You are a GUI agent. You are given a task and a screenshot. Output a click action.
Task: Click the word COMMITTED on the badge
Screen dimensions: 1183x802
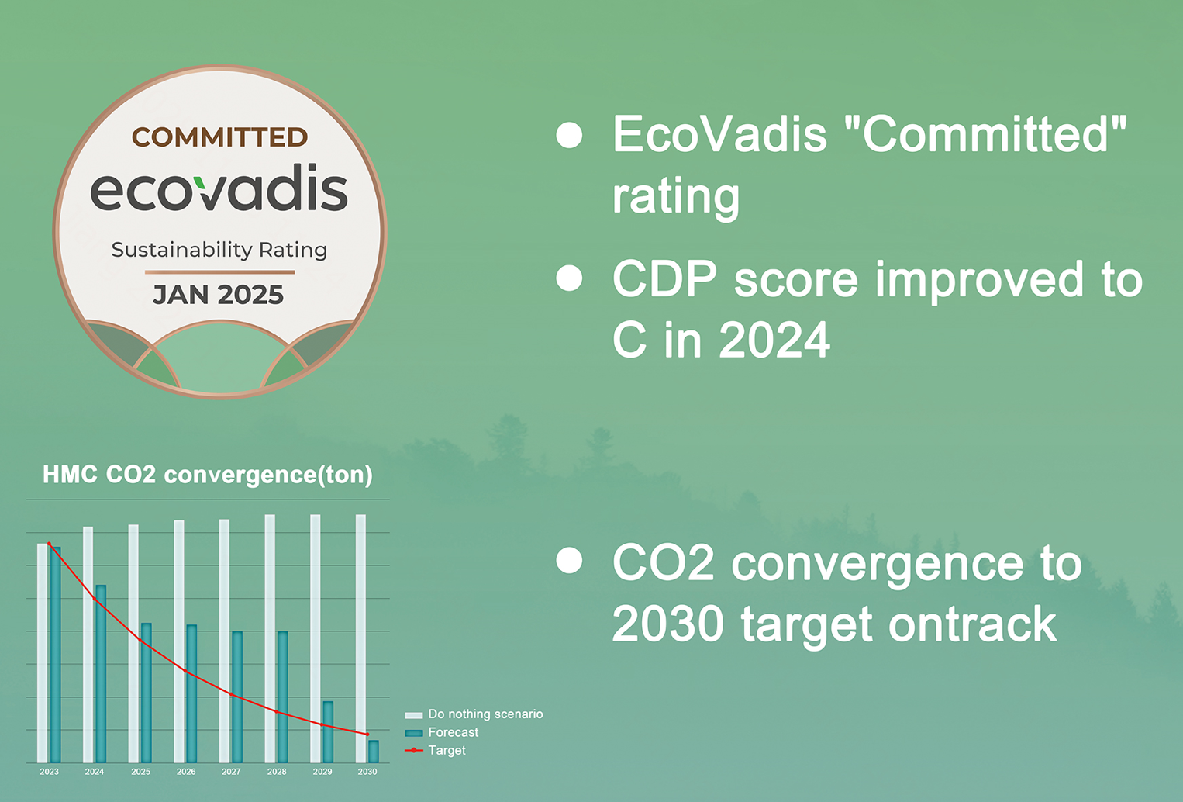tap(219, 137)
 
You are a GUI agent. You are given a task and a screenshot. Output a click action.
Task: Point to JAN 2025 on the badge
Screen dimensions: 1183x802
tap(218, 294)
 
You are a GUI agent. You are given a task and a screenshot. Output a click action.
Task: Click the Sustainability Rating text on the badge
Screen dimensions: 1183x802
tap(219, 250)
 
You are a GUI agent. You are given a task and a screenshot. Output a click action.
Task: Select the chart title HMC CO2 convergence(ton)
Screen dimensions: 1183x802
tap(208, 475)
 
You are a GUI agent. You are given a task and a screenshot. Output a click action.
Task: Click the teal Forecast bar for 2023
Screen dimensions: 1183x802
tap(55, 655)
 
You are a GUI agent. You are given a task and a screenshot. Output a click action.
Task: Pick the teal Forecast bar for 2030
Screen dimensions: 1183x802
tap(374, 752)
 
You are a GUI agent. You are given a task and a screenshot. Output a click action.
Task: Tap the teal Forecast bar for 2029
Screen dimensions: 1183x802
tap(328, 732)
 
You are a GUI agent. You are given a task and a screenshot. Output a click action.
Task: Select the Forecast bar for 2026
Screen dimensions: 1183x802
tap(191, 693)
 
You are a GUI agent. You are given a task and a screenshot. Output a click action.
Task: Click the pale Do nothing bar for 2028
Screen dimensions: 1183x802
tap(270, 639)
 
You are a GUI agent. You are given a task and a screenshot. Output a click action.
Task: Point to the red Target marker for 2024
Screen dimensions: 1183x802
tap(95, 599)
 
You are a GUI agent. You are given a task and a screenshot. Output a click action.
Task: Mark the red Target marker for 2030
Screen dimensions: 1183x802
tap(367, 735)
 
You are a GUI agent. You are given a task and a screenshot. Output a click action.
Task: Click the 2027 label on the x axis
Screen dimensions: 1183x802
tap(231, 772)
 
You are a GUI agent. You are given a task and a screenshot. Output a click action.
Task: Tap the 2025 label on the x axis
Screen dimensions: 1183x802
tap(140, 772)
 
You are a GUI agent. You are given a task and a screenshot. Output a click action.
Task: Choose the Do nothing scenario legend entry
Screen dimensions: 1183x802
tap(474, 714)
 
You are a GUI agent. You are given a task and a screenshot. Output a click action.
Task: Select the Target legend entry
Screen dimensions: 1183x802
tap(435, 750)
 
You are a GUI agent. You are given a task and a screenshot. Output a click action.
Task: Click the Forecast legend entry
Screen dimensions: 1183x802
tap(442, 732)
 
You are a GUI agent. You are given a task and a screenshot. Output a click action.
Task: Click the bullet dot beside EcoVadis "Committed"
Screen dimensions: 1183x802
tap(569, 135)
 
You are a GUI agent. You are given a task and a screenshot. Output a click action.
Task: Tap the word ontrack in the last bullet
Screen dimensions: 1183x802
tap(972, 624)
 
